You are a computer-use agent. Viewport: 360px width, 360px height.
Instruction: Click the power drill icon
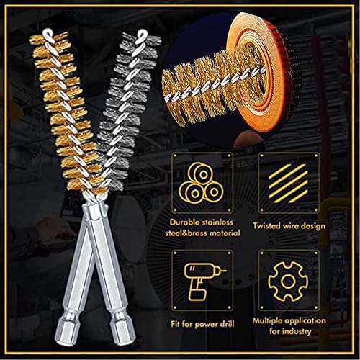point(203,282)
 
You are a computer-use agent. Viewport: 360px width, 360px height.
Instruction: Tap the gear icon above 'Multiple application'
point(288,282)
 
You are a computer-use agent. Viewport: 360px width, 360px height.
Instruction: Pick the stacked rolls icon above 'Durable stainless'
point(201,182)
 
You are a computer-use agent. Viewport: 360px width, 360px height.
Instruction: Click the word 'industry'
point(297,331)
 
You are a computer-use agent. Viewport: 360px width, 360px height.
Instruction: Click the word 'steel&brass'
point(184,233)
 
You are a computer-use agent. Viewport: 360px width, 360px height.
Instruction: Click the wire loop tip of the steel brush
point(143,34)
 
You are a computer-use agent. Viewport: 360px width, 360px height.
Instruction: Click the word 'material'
point(223,233)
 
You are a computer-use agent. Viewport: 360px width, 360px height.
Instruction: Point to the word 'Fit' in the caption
point(176,324)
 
